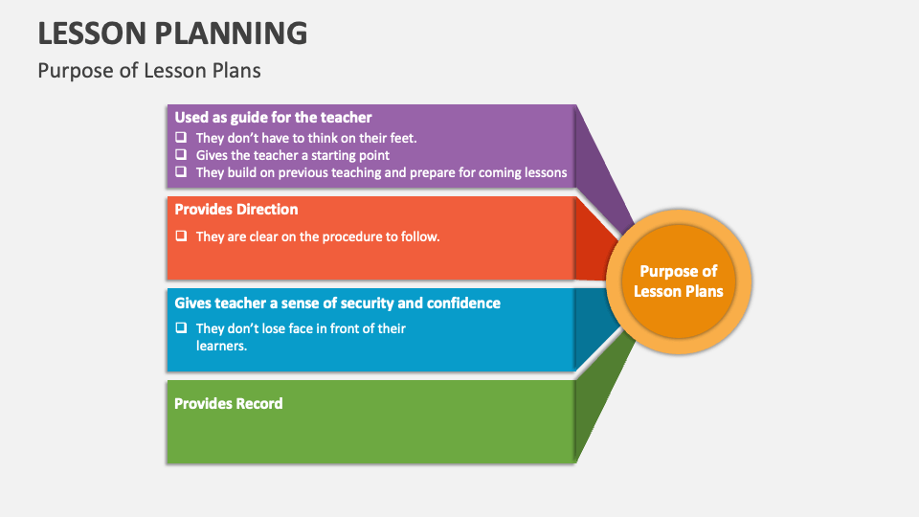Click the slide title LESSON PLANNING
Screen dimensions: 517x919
point(172,33)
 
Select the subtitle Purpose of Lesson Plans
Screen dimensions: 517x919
point(148,71)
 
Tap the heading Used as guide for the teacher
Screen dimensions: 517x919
point(273,118)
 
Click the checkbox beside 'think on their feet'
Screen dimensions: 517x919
point(180,137)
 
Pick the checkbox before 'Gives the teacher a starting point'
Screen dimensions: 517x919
point(180,154)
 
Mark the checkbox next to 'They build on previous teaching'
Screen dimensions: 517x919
point(180,172)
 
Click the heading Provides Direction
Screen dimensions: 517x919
point(236,210)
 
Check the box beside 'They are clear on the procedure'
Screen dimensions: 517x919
point(180,236)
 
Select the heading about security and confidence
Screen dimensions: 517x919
point(337,303)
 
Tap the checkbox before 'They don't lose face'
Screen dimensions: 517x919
point(180,327)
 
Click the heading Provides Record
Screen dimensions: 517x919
point(229,404)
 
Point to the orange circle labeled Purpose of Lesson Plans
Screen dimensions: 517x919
point(679,281)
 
